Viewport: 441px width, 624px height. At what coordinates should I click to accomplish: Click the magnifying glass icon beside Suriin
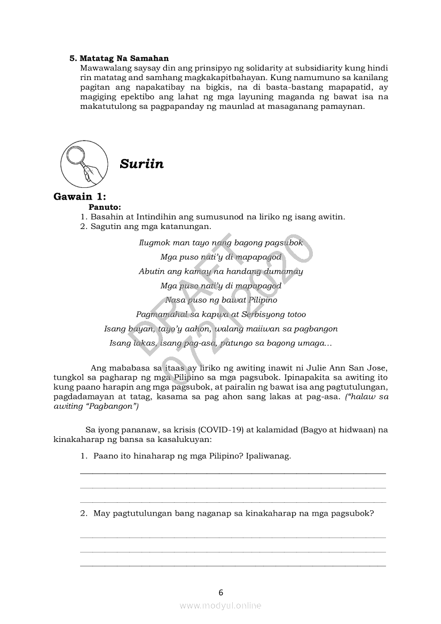82,163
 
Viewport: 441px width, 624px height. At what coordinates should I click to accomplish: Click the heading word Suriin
141,164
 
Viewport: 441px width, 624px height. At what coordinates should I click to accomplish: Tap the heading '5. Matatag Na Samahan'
119,58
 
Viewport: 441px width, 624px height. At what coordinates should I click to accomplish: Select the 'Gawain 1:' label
80,196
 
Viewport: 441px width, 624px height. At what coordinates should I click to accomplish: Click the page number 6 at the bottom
220,592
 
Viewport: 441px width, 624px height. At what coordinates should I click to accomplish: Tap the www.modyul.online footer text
220,605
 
